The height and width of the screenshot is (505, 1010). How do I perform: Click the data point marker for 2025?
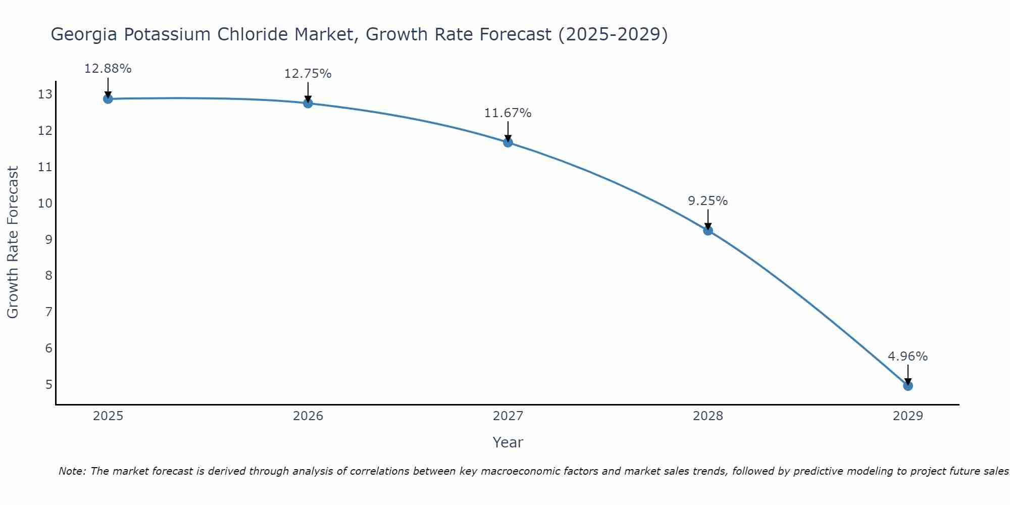(x=108, y=98)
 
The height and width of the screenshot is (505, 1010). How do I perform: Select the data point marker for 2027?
(x=508, y=142)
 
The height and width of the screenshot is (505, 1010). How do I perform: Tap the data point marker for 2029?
(x=907, y=386)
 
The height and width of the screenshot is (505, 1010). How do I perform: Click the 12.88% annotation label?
(x=108, y=69)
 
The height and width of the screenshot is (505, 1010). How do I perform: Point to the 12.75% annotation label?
(x=308, y=74)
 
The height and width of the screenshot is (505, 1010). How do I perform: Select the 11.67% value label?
(x=508, y=113)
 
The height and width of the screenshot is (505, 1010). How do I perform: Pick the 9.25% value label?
(x=708, y=201)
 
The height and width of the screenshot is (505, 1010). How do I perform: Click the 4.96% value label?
(x=907, y=357)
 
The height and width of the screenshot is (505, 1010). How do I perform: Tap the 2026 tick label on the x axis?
(x=308, y=416)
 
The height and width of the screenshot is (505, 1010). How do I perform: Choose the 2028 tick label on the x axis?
(x=708, y=416)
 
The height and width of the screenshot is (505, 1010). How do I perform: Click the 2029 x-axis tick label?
(x=907, y=416)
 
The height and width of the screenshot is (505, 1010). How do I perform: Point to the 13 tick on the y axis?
(x=45, y=94)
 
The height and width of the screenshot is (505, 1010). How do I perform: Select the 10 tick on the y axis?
(x=45, y=204)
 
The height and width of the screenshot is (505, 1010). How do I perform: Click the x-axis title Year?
(x=508, y=442)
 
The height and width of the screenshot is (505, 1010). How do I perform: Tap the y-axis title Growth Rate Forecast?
(x=13, y=242)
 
